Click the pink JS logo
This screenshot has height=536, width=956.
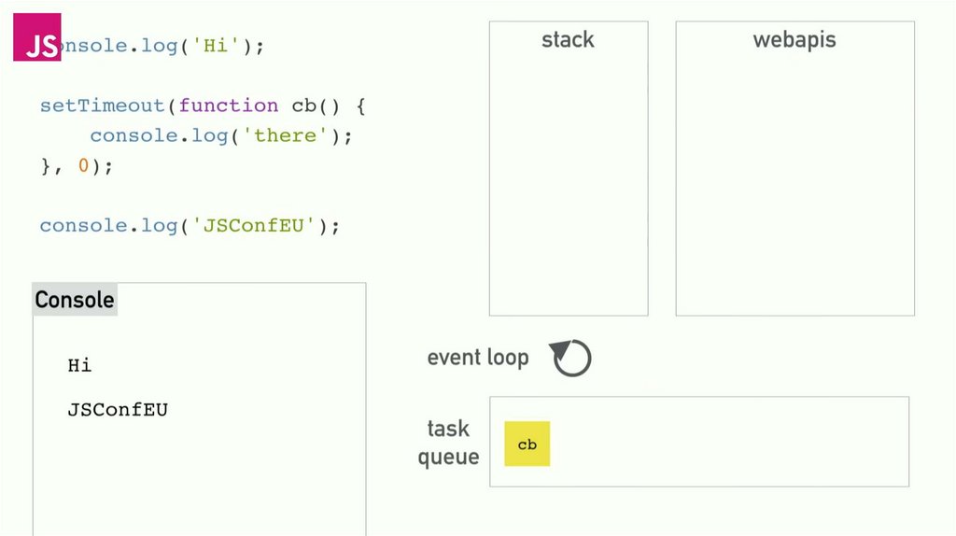coord(37,37)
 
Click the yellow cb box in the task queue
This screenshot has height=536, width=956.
coord(527,444)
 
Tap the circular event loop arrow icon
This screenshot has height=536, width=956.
coord(571,358)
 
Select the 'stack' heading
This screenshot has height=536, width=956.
coord(568,40)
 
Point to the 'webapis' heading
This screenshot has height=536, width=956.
coord(794,40)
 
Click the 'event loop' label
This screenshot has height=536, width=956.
coord(477,358)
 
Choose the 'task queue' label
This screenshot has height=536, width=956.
coord(448,443)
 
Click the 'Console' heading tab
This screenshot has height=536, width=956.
coord(75,300)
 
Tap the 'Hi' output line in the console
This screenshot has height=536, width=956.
coord(80,365)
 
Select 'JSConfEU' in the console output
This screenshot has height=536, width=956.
coord(118,409)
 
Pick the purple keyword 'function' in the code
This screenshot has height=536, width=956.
coord(229,106)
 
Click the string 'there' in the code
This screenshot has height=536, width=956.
coord(286,135)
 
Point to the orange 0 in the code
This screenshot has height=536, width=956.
coord(83,166)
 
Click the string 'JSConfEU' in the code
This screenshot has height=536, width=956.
coord(255,226)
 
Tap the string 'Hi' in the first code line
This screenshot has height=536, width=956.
coord(216,46)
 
